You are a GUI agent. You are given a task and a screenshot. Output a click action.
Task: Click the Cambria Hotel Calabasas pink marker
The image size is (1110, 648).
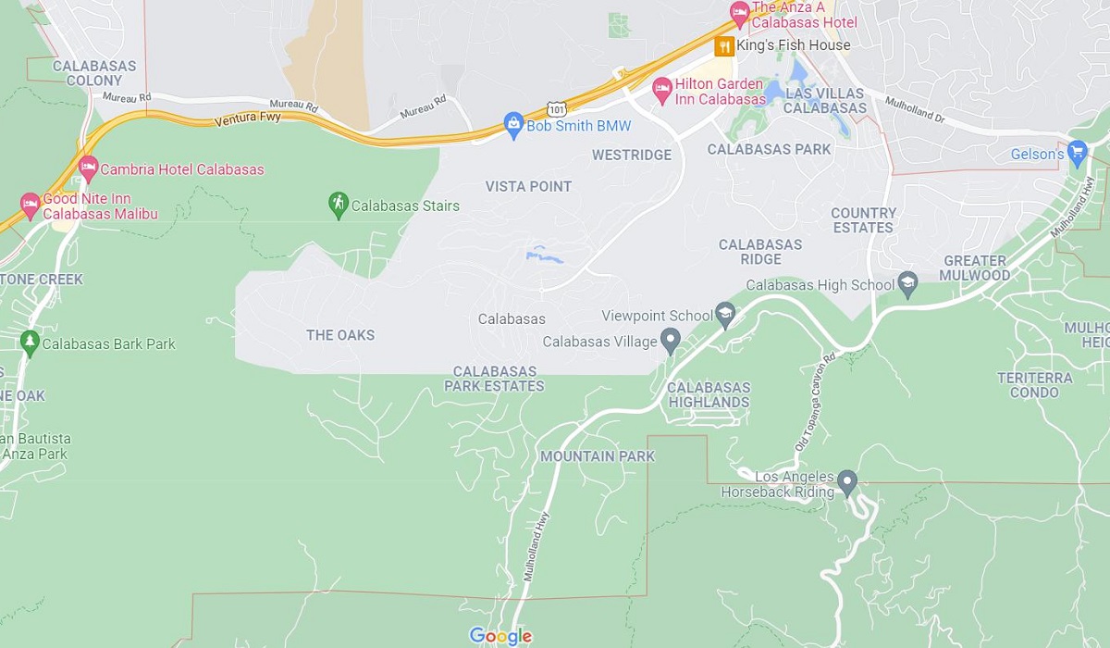pos(88,168)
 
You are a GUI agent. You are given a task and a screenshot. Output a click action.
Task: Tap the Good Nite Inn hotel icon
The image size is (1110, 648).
pos(30,204)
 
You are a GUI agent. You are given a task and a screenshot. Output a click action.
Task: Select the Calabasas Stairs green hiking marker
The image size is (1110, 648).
pos(339,203)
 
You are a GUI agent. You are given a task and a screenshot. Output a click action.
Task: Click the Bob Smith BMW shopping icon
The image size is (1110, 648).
pos(513,123)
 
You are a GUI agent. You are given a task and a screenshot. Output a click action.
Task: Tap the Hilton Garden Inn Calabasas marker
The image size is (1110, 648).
pos(661,89)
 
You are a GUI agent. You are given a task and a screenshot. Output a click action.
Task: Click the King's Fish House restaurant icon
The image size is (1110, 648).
pos(724,45)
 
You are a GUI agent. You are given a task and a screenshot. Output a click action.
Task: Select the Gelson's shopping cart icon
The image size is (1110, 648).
pos(1076,152)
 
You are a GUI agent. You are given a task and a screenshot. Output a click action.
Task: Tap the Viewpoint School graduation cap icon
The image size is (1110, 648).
pos(725,315)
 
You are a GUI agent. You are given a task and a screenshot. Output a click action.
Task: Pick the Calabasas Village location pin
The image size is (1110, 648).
pos(672,341)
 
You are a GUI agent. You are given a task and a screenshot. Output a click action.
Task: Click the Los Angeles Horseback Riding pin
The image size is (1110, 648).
pos(846,481)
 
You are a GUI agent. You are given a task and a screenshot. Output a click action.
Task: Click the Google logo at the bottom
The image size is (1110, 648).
pos(500,636)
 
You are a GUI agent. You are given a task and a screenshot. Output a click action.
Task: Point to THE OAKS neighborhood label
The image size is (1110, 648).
pos(340,335)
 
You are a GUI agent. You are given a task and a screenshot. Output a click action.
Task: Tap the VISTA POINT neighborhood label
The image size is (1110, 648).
pos(528,186)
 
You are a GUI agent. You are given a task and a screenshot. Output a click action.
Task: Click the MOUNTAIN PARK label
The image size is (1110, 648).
pos(597,456)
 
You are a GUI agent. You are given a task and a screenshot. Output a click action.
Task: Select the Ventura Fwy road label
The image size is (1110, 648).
pos(246,119)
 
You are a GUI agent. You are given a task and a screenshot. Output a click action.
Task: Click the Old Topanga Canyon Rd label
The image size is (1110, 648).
pos(815,402)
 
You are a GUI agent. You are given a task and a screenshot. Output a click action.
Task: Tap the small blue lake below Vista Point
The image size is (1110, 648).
pos(544,255)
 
